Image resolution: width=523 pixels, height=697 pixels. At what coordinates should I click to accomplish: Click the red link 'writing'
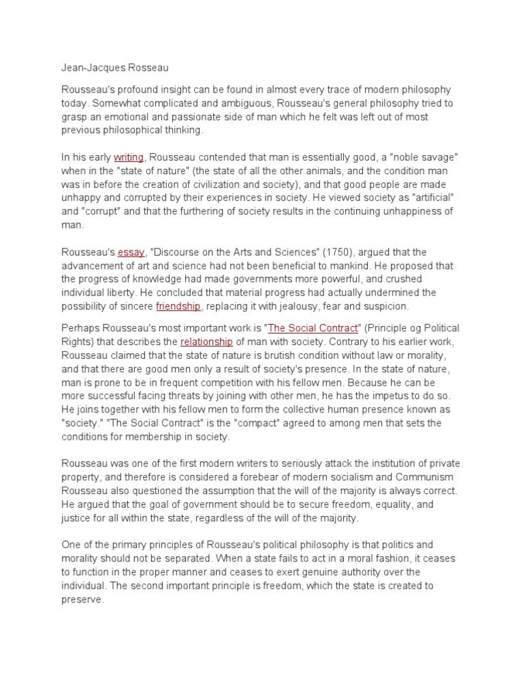click(x=128, y=157)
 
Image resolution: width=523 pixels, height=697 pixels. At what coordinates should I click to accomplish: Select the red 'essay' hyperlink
click(x=131, y=253)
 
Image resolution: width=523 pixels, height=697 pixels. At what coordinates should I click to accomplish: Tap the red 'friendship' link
click(x=178, y=306)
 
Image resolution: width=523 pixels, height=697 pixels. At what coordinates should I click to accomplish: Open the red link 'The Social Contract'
click(x=313, y=328)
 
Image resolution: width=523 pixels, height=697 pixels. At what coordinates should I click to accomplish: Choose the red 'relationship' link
click(x=206, y=341)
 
